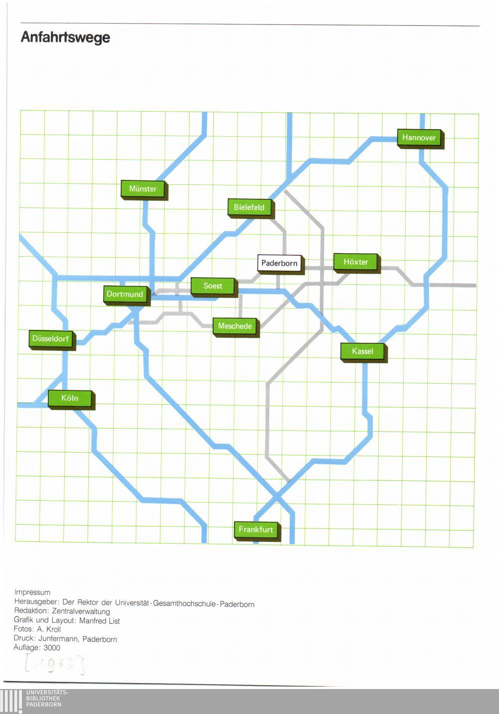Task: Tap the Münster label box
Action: [144, 190]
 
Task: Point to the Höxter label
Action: [357, 263]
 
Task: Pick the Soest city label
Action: [214, 287]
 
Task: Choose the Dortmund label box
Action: [127, 295]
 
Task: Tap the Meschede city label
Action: [236, 327]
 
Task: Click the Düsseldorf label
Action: [52, 340]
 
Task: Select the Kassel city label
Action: [364, 353]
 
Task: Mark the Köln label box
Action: [71, 399]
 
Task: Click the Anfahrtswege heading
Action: [65, 37]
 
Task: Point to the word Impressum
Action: [32, 592]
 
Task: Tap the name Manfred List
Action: [100, 621]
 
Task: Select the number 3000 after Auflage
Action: [52, 648]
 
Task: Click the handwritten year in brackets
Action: [55, 665]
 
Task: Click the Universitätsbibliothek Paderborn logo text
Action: [47, 698]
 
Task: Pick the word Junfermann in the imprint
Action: [59, 639]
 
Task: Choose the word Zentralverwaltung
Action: [81, 612]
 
